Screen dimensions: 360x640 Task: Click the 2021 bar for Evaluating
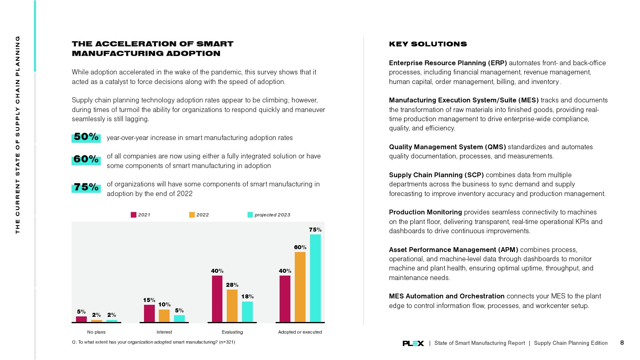tap(217, 298)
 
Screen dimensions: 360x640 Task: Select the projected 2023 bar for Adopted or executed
tap(315, 278)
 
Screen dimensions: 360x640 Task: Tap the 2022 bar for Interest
tap(164, 316)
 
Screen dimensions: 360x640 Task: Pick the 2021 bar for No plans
tap(81, 319)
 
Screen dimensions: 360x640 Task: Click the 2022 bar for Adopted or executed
tap(300, 287)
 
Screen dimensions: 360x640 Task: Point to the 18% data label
tap(247, 296)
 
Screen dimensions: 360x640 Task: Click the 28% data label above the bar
tap(232, 285)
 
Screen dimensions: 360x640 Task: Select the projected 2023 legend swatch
tap(250, 215)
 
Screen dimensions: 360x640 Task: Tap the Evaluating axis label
tap(232, 332)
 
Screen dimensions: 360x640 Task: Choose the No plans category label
tap(96, 332)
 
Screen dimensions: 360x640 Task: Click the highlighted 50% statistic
tap(86, 137)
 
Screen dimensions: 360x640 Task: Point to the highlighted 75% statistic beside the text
tap(86, 187)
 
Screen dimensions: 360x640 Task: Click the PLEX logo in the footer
tap(413, 343)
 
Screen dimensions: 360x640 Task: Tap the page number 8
tap(622, 343)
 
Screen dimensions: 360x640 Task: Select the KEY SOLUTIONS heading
tap(428, 44)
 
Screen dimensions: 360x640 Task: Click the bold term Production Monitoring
tap(425, 212)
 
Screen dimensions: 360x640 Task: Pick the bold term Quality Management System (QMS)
tap(447, 147)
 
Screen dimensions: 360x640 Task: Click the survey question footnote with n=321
tap(153, 342)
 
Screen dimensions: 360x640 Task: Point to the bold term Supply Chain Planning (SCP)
tap(436, 175)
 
